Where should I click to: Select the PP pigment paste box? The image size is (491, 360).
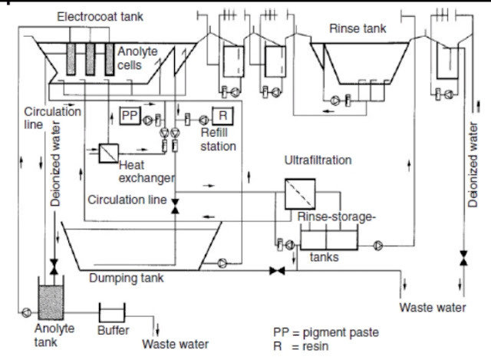129,115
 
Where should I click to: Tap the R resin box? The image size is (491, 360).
222,116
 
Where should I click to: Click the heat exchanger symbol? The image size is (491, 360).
107,151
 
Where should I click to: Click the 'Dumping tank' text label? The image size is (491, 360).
126,278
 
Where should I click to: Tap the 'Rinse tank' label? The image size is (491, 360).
358,28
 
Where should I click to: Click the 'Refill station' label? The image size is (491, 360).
219,139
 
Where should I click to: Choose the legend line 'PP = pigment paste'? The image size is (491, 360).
325,332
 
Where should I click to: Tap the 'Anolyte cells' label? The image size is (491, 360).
137,57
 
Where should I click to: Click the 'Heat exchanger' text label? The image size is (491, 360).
145,171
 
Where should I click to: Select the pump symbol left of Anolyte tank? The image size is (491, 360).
27,312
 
